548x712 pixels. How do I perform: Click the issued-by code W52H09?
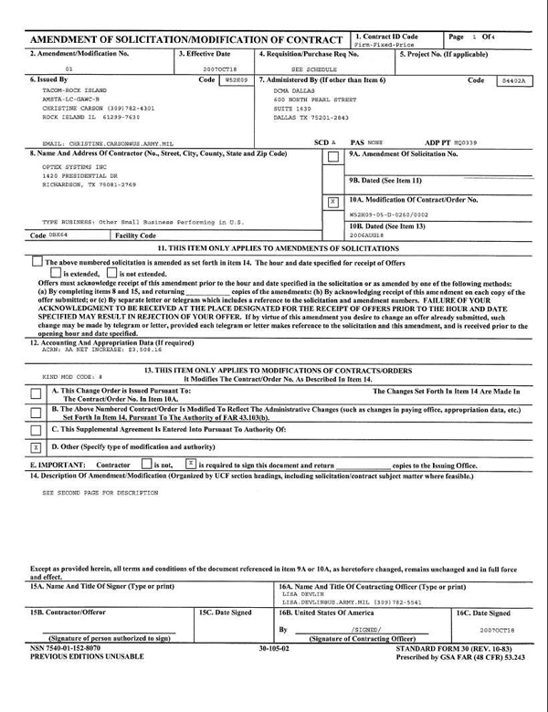(235, 80)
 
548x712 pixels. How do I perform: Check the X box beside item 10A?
(333, 201)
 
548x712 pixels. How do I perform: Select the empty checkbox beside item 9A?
(333, 156)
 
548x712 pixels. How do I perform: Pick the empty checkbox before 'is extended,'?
(56, 273)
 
